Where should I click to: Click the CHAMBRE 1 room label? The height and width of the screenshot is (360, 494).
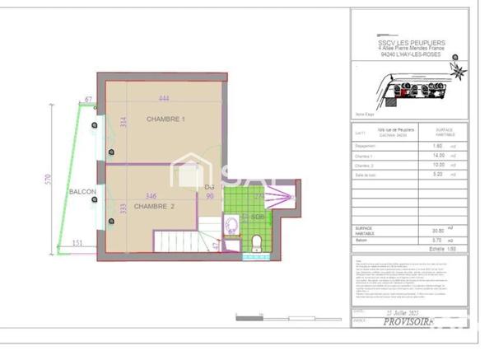[x=166, y=119]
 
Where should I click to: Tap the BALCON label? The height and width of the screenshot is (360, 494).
[x=83, y=192]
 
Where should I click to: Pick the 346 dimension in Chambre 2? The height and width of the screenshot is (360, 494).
[x=150, y=196]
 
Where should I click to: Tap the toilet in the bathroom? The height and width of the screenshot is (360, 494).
[x=255, y=240]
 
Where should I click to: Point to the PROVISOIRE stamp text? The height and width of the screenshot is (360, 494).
[x=408, y=323]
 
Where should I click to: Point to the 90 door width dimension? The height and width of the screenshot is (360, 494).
[x=209, y=196]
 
